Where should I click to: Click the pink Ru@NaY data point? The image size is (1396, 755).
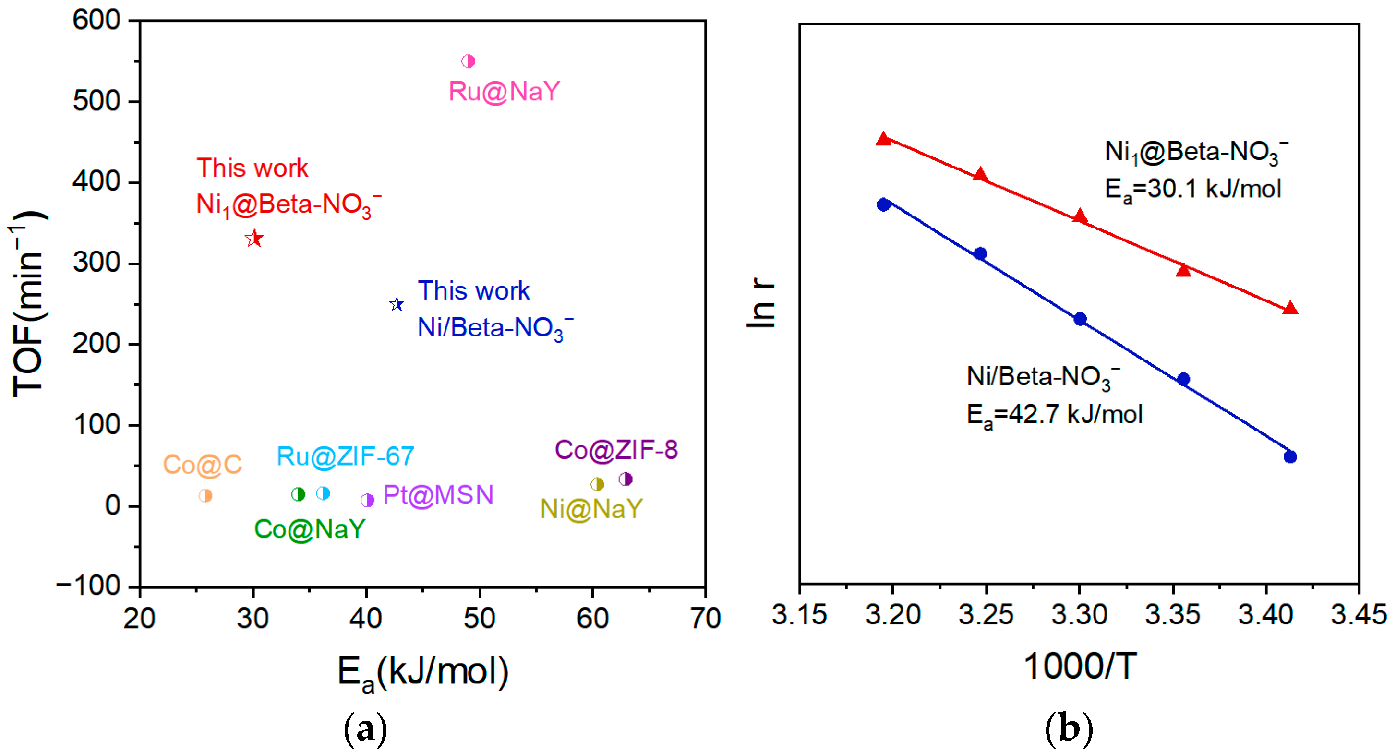coord(468,61)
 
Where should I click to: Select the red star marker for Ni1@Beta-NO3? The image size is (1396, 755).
coord(254,239)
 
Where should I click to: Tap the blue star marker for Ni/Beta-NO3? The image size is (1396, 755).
coord(397,304)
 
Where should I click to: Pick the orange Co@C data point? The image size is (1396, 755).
coord(205,495)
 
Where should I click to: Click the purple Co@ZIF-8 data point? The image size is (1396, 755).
coord(626,479)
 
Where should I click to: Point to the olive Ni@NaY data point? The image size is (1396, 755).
coord(597,484)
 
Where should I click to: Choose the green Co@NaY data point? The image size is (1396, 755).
coord(298,494)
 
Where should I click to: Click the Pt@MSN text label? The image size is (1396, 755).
coord(438,495)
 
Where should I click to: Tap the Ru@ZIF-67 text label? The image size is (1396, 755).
coord(345,456)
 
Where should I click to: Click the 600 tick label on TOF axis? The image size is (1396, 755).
coord(96,21)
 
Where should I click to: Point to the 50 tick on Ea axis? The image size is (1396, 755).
coord(479,618)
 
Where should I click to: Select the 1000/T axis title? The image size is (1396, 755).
coord(1080,666)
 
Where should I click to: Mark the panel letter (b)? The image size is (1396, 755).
coord(1069,730)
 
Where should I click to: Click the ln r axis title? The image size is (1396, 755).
coord(761,303)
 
